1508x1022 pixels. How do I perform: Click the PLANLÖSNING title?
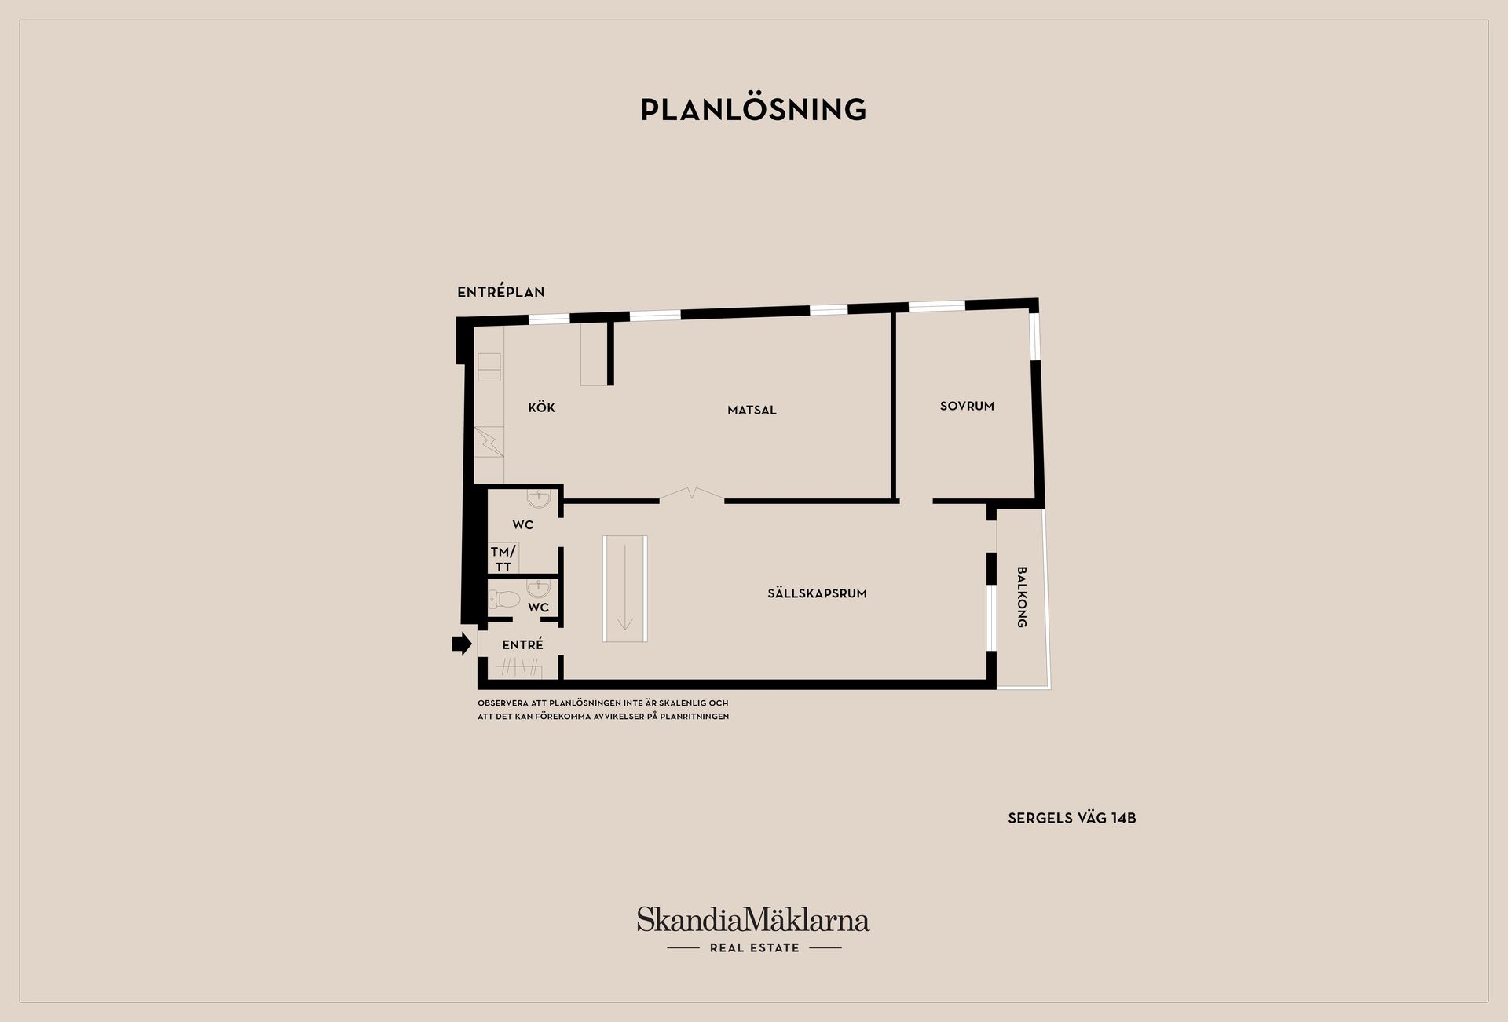pos(753,110)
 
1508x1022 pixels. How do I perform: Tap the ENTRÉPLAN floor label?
pos(501,292)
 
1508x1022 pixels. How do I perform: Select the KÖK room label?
pos(541,407)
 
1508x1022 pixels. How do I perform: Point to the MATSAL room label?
pos(752,410)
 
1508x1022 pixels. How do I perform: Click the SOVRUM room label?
pos(967,406)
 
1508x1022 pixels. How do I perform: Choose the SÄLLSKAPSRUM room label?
pos(817,593)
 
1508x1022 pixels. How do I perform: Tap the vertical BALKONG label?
pos(1022,597)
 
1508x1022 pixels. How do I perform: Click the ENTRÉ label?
pos(522,644)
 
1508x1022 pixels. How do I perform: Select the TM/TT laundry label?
pos(503,559)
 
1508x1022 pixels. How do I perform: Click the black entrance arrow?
pos(462,644)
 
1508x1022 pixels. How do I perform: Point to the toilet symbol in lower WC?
pos(505,600)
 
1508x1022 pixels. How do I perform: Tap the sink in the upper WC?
pos(539,498)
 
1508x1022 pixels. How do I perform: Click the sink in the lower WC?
pos(538,589)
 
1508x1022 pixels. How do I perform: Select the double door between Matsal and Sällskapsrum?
pos(691,495)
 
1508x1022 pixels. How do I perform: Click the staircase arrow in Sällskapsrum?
pos(625,587)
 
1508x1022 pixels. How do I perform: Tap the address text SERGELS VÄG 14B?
pos(1072,818)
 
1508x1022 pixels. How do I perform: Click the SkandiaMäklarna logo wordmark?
pos(753,920)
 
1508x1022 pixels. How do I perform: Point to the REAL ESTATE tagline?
pos(754,947)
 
